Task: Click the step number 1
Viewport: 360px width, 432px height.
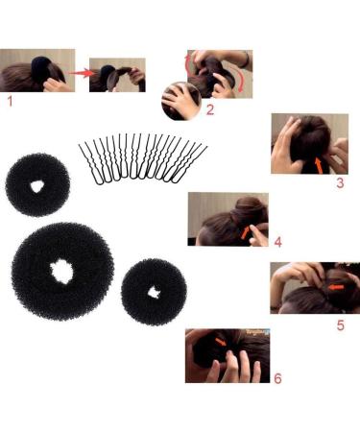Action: click(11, 99)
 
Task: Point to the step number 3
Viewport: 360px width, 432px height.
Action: click(339, 181)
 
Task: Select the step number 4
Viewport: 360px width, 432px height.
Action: click(278, 241)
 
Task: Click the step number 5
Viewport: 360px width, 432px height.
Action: click(340, 324)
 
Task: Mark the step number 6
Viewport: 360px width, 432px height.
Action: click(277, 379)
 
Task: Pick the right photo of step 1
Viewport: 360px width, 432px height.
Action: click(117, 73)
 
